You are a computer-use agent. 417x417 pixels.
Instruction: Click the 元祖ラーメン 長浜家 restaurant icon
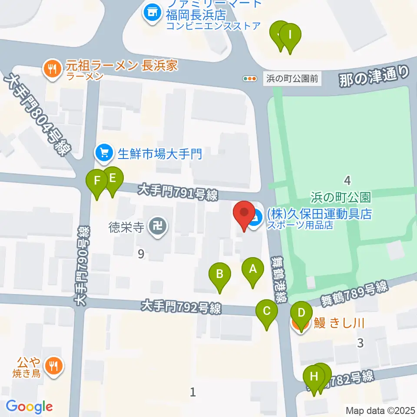pos(53,68)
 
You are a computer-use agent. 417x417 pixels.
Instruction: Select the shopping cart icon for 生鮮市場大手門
pos(103,153)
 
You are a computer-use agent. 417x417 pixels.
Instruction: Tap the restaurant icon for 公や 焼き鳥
pos(53,366)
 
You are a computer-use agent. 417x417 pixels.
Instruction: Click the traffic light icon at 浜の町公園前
pos(249,79)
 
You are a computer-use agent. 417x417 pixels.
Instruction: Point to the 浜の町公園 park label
pos(341,197)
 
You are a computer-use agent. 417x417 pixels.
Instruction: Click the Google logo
pos(29,407)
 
